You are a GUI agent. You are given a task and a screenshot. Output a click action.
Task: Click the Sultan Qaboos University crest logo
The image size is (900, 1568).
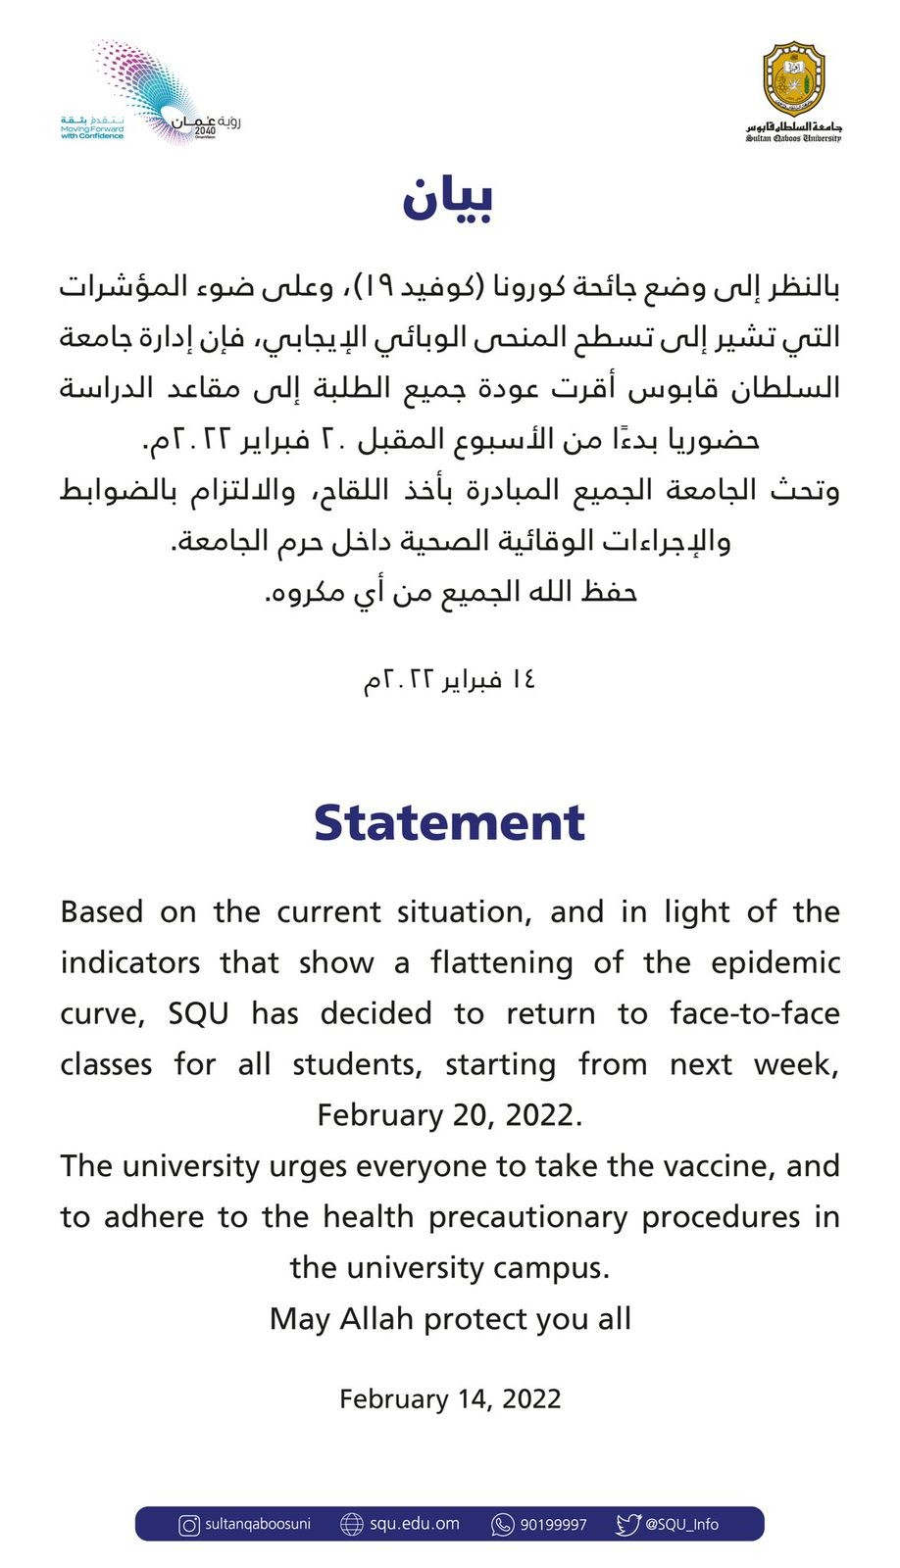point(793,81)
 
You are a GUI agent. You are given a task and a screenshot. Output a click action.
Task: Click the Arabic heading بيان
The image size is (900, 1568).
point(448,199)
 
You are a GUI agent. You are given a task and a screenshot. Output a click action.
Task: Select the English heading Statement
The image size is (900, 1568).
point(449,822)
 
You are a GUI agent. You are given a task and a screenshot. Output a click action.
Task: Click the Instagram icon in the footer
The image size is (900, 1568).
point(189,1525)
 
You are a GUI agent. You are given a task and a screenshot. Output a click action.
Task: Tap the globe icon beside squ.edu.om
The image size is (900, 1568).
point(351,1525)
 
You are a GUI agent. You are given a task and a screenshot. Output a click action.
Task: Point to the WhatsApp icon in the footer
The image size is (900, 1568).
point(503,1525)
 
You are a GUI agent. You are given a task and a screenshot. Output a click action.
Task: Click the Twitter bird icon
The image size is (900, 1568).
point(627,1525)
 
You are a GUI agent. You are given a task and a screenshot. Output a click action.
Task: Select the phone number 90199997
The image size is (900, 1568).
point(553,1525)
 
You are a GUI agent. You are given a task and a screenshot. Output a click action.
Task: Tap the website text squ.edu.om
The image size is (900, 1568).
point(415,1525)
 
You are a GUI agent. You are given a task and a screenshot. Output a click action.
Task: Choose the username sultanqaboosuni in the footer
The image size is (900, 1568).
point(258,1525)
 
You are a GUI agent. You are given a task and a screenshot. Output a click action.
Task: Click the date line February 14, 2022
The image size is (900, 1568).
point(450,1398)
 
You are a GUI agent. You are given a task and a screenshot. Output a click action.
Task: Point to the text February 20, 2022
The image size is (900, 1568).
point(450,1115)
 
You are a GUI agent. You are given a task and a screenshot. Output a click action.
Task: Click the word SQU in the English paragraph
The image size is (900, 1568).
point(198,1013)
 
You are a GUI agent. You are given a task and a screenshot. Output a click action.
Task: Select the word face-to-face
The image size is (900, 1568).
point(755,1013)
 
